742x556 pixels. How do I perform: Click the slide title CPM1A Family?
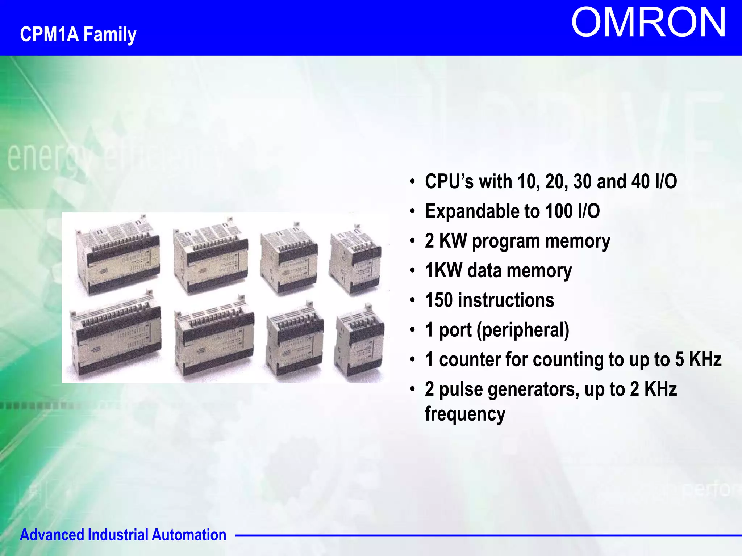78,34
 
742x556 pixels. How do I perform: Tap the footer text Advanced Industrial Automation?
123,535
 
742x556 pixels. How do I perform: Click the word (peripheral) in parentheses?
523,330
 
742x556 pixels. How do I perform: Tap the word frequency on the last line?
465,414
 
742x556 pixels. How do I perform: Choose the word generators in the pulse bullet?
533,389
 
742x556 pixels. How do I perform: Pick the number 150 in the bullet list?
439,300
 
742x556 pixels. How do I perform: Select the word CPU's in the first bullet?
449,181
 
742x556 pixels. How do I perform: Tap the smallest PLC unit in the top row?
355,261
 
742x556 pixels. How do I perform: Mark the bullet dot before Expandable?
412,211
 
